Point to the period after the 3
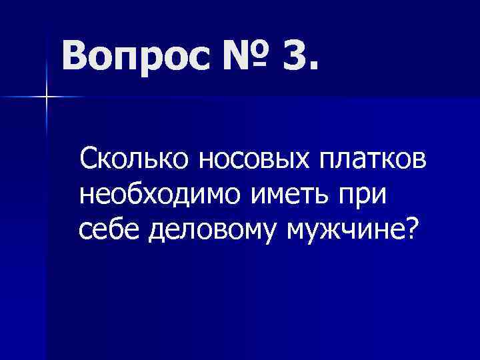click(x=312, y=67)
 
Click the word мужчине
click(x=343, y=231)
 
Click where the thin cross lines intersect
click(x=47, y=97)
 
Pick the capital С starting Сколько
click(x=89, y=160)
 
